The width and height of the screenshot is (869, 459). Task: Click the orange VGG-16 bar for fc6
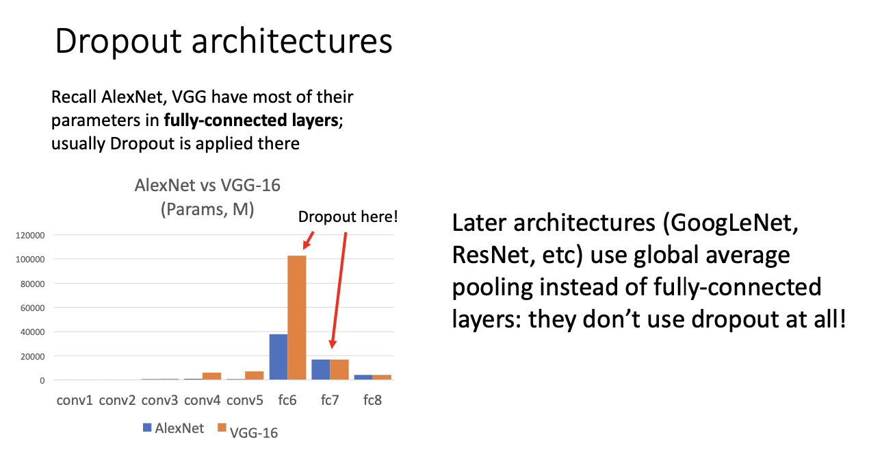tap(297, 318)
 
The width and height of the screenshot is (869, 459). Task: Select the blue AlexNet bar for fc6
tap(278, 357)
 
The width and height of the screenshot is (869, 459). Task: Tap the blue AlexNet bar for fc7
tap(321, 370)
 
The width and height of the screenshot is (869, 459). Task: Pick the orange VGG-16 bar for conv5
tap(255, 375)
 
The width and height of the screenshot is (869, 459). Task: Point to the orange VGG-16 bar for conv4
tap(212, 376)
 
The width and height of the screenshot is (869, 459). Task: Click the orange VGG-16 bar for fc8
tap(382, 377)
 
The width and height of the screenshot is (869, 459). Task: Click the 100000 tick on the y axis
tap(30, 260)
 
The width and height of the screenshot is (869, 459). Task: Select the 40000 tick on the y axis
tap(33, 332)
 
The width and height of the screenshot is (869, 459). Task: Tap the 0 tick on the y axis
tap(42, 381)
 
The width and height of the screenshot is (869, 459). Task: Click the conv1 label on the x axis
tap(75, 400)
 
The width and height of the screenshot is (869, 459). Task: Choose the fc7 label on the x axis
tap(330, 400)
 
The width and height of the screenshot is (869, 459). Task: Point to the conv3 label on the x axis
tap(159, 400)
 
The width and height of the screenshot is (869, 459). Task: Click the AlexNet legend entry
tap(173, 428)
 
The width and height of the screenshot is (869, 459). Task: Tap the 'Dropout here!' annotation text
tap(348, 216)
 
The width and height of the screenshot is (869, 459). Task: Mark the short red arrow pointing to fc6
tap(309, 240)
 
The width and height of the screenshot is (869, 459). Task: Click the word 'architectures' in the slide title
tap(292, 41)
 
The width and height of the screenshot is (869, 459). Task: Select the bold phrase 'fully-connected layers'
tap(251, 121)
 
